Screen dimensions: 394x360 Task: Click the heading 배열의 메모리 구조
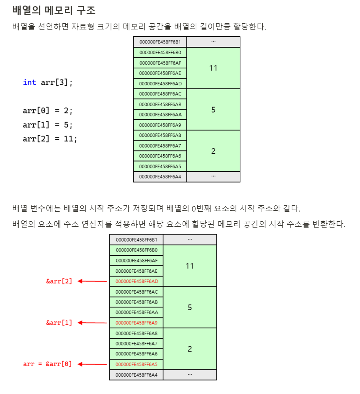[54, 10]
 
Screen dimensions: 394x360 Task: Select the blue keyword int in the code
[29, 82]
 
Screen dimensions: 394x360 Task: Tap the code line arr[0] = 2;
[47, 111]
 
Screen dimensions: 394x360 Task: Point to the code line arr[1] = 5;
[47, 125]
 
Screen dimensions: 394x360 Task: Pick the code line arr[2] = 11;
[50, 139]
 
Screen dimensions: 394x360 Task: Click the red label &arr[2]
[59, 281]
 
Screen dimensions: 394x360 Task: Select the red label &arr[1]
[59, 323]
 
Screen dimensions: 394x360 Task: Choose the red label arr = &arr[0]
[47, 364]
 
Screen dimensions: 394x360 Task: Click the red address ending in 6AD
[137, 281]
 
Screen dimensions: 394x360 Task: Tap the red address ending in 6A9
[137, 323]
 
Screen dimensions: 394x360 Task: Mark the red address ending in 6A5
[137, 364]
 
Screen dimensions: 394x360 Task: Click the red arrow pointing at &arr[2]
[92, 281]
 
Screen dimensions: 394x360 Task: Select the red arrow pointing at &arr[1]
[92, 323]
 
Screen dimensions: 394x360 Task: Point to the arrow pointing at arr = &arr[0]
[92, 364]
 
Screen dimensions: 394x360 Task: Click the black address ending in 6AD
[160, 84]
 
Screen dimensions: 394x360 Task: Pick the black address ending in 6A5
[160, 166]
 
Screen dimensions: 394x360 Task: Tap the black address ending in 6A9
[160, 125]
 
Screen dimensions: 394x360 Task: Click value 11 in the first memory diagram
[213, 68]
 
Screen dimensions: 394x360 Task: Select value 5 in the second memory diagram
[190, 307]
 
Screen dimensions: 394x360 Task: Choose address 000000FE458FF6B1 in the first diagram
[160, 42]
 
